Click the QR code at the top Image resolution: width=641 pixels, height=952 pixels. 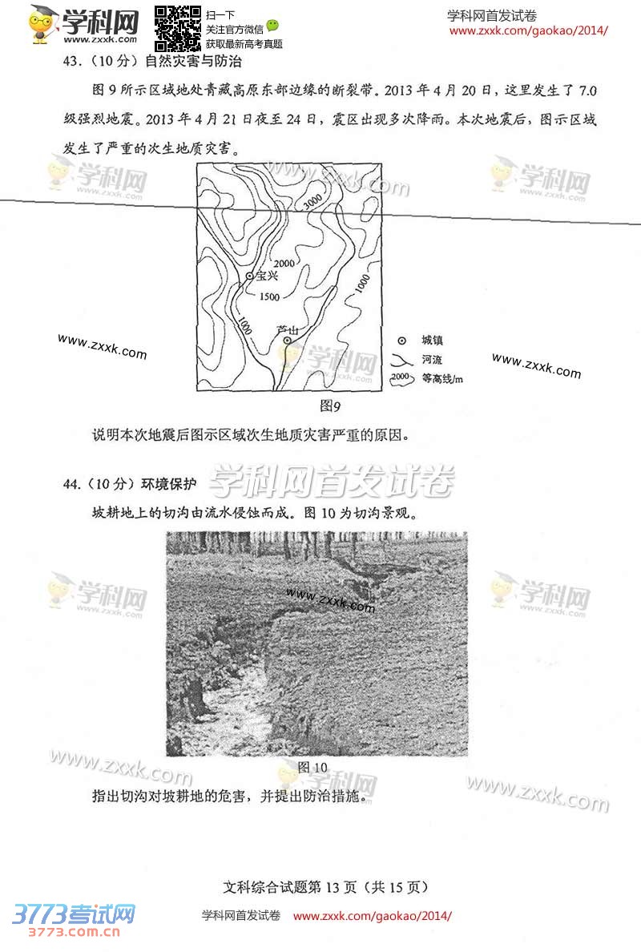pos(177,29)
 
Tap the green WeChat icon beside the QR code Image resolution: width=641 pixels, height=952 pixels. pos(272,26)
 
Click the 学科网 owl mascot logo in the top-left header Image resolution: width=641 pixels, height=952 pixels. pos(42,24)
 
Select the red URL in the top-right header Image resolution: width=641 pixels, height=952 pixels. pos(528,31)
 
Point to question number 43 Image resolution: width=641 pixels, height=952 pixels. pos(71,62)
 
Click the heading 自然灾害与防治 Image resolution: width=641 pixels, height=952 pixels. pos(193,62)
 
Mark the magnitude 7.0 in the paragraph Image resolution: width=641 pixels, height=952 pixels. pos(587,91)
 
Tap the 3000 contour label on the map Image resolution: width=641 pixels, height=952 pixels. pos(312,202)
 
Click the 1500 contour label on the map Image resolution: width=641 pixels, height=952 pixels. pos(269,296)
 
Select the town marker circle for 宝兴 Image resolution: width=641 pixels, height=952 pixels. pos(249,276)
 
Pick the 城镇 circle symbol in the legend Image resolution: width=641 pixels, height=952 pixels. pos(402,341)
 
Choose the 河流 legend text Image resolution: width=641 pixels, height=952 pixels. pos(432,360)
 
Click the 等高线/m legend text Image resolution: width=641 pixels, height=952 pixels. pos(442,379)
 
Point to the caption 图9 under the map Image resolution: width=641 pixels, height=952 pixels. pos(330,405)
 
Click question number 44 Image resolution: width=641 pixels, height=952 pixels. pos(71,484)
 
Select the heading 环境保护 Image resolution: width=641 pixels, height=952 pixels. pos(169,484)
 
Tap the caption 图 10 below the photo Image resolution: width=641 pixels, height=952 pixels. pos(312,768)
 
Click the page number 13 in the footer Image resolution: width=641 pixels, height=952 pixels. pos(333,887)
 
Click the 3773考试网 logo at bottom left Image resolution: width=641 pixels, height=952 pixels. pos(73,920)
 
